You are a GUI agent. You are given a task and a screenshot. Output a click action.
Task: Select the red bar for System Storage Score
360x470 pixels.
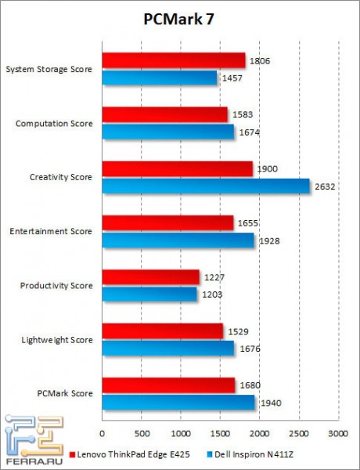coord(173,60)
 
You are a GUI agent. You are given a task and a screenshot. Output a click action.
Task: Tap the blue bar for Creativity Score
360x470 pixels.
coord(205,186)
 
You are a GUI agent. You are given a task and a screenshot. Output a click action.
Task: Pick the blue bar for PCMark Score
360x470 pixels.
coord(178,402)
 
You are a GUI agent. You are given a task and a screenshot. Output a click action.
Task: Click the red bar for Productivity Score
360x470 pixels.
coord(150,277)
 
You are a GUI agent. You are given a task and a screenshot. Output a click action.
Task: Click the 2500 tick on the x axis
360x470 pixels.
coord(298,432)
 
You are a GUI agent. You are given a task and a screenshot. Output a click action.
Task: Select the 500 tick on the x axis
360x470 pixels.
coord(142,432)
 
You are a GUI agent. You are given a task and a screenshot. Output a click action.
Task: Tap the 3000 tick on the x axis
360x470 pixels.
coord(337,432)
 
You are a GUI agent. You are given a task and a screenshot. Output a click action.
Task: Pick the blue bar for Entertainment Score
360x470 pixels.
coord(178,240)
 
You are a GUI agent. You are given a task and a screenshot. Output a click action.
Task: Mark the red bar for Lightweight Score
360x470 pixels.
coord(162,331)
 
